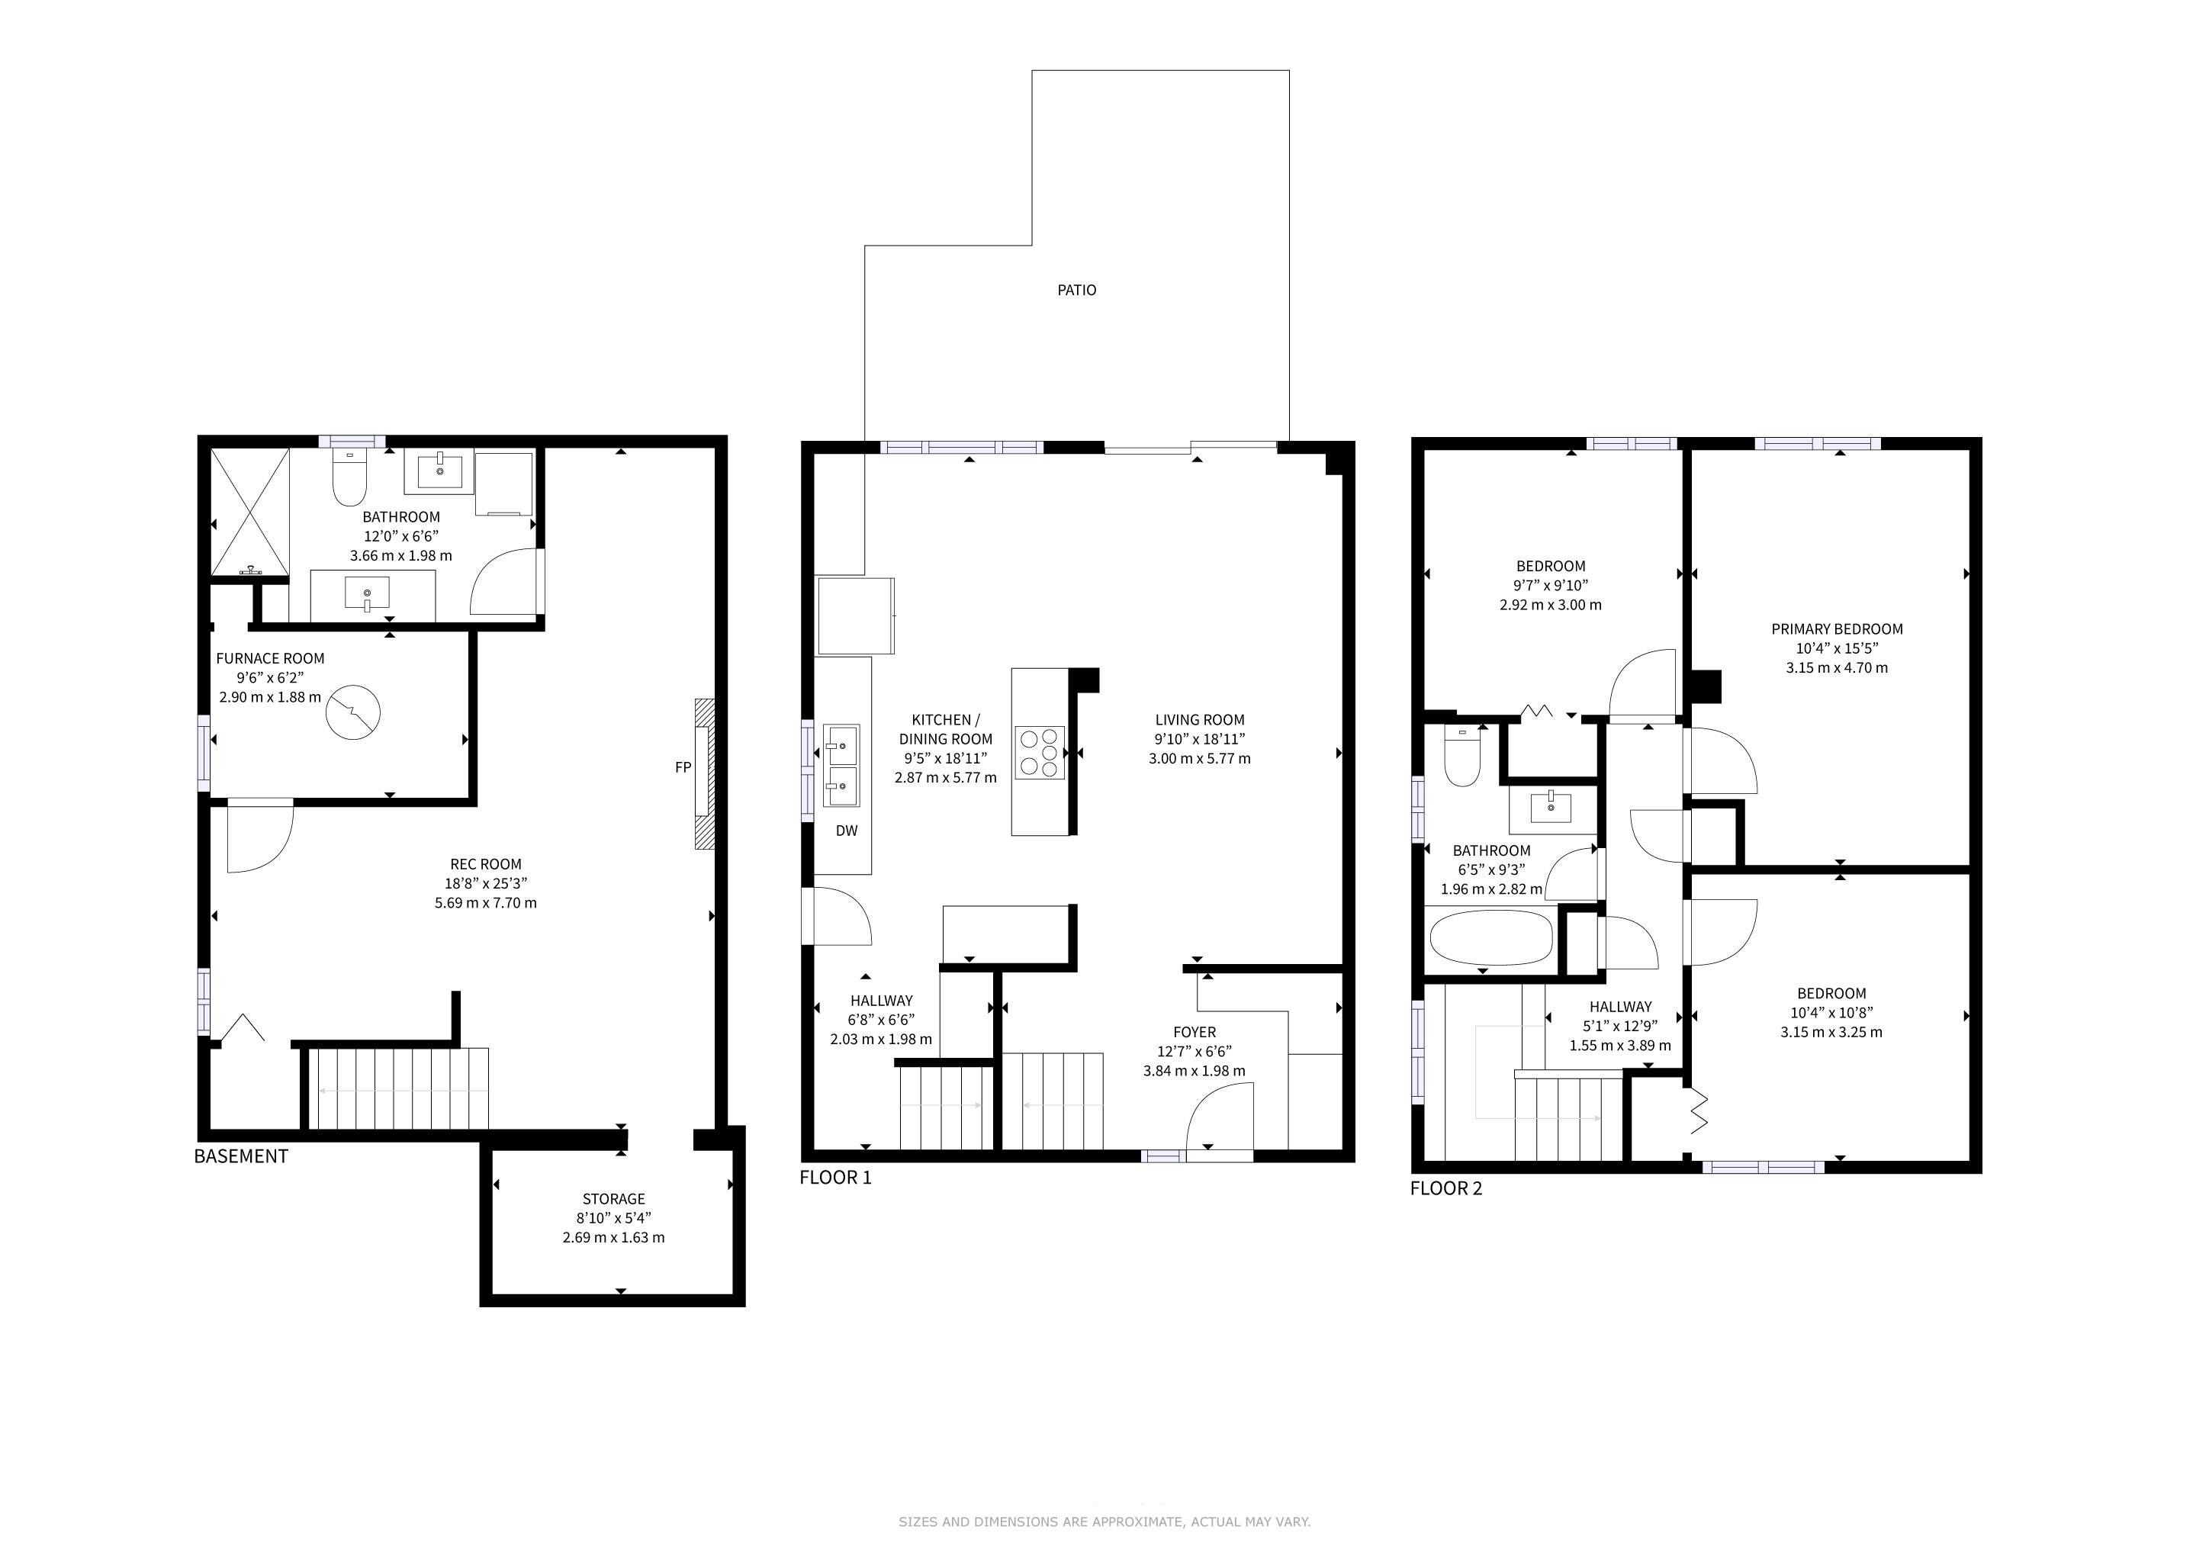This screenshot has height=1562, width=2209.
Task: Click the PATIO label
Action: [x=1076, y=290]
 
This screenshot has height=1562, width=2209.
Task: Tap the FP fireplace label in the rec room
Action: [x=683, y=767]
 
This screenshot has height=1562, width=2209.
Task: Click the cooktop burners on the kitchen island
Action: [x=1039, y=752]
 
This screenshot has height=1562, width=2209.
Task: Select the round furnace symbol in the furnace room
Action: [x=353, y=712]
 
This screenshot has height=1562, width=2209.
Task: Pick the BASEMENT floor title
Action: [x=242, y=1156]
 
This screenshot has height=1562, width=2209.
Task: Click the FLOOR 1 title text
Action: [x=836, y=1178]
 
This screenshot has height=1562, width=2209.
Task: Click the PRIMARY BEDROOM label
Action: [x=1838, y=629]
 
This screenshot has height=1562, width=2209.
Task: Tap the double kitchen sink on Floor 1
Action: [x=842, y=767]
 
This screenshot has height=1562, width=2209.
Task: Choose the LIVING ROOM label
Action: [x=1200, y=719]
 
